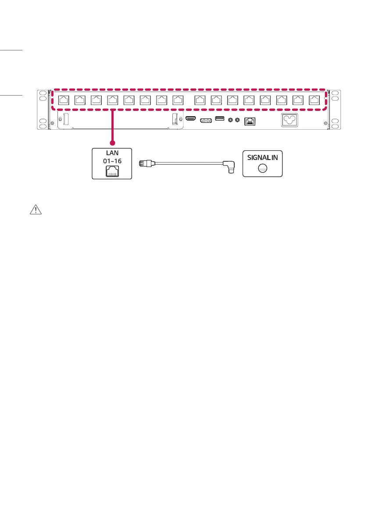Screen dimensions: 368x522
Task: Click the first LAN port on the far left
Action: click(x=63, y=100)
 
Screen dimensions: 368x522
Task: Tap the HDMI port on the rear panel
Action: click(x=191, y=119)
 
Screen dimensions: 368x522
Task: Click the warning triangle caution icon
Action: click(x=35, y=210)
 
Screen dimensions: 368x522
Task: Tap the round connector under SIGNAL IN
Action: click(x=262, y=167)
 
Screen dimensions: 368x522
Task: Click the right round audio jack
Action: click(x=237, y=120)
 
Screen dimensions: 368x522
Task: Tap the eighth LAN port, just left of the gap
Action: click(x=178, y=100)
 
